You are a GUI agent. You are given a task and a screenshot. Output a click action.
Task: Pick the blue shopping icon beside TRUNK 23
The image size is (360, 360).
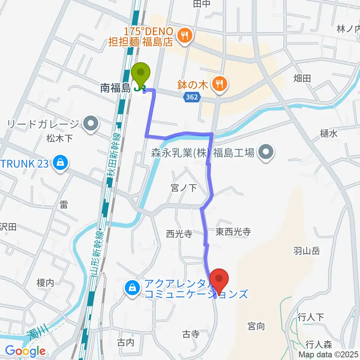[x=60, y=163]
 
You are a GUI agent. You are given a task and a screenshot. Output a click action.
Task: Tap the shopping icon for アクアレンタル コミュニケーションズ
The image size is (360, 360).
[x=132, y=289]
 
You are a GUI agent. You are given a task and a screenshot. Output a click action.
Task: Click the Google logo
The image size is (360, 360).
[x=25, y=351]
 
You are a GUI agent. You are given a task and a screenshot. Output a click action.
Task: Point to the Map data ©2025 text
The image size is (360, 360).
[x=328, y=354]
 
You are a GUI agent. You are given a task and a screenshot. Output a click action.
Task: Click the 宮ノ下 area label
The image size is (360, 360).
[x=184, y=187]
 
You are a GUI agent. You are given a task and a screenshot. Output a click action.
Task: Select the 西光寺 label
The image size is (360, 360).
[x=179, y=234]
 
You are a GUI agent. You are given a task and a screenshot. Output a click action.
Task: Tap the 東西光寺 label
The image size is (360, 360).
[x=233, y=232]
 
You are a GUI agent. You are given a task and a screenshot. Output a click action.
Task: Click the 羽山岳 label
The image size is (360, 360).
[x=306, y=251]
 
